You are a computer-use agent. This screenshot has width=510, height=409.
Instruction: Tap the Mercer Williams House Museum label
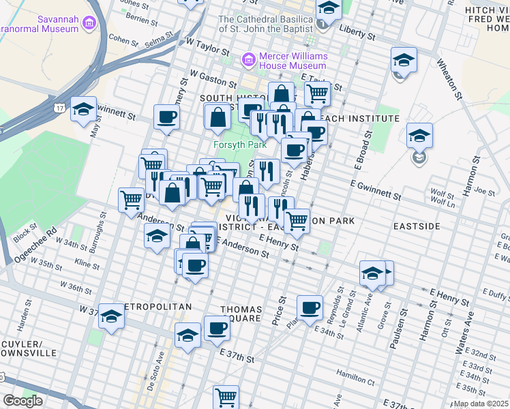[287, 61]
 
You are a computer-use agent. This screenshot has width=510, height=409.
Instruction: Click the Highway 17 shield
[60, 108]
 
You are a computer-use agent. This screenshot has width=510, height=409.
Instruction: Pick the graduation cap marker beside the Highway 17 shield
[84, 110]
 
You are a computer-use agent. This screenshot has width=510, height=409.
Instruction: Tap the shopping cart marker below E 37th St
[226, 397]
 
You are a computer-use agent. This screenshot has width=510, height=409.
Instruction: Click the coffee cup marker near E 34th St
[310, 307]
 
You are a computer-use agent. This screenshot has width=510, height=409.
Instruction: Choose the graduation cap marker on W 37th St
[112, 316]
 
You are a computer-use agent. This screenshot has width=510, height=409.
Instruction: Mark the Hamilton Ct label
[355, 374]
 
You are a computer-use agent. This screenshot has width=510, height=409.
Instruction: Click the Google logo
[23, 401]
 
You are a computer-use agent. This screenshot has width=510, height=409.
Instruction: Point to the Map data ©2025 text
[481, 404]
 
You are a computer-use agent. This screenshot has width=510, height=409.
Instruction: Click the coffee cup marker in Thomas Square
[217, 329]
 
